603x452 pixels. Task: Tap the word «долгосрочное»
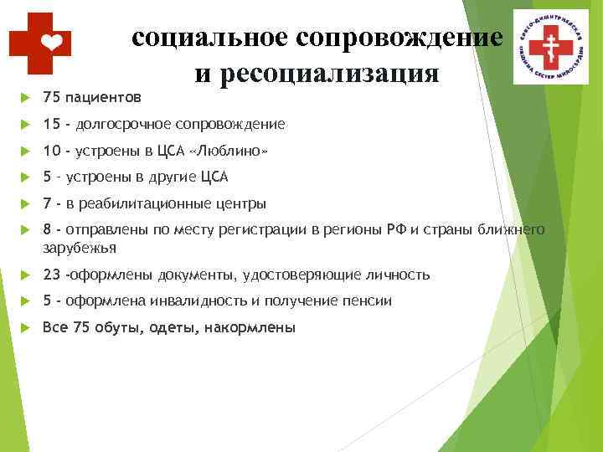pos(122,124)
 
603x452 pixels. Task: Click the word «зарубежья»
pos(80,248)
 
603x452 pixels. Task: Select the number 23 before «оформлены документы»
pos(51,275)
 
